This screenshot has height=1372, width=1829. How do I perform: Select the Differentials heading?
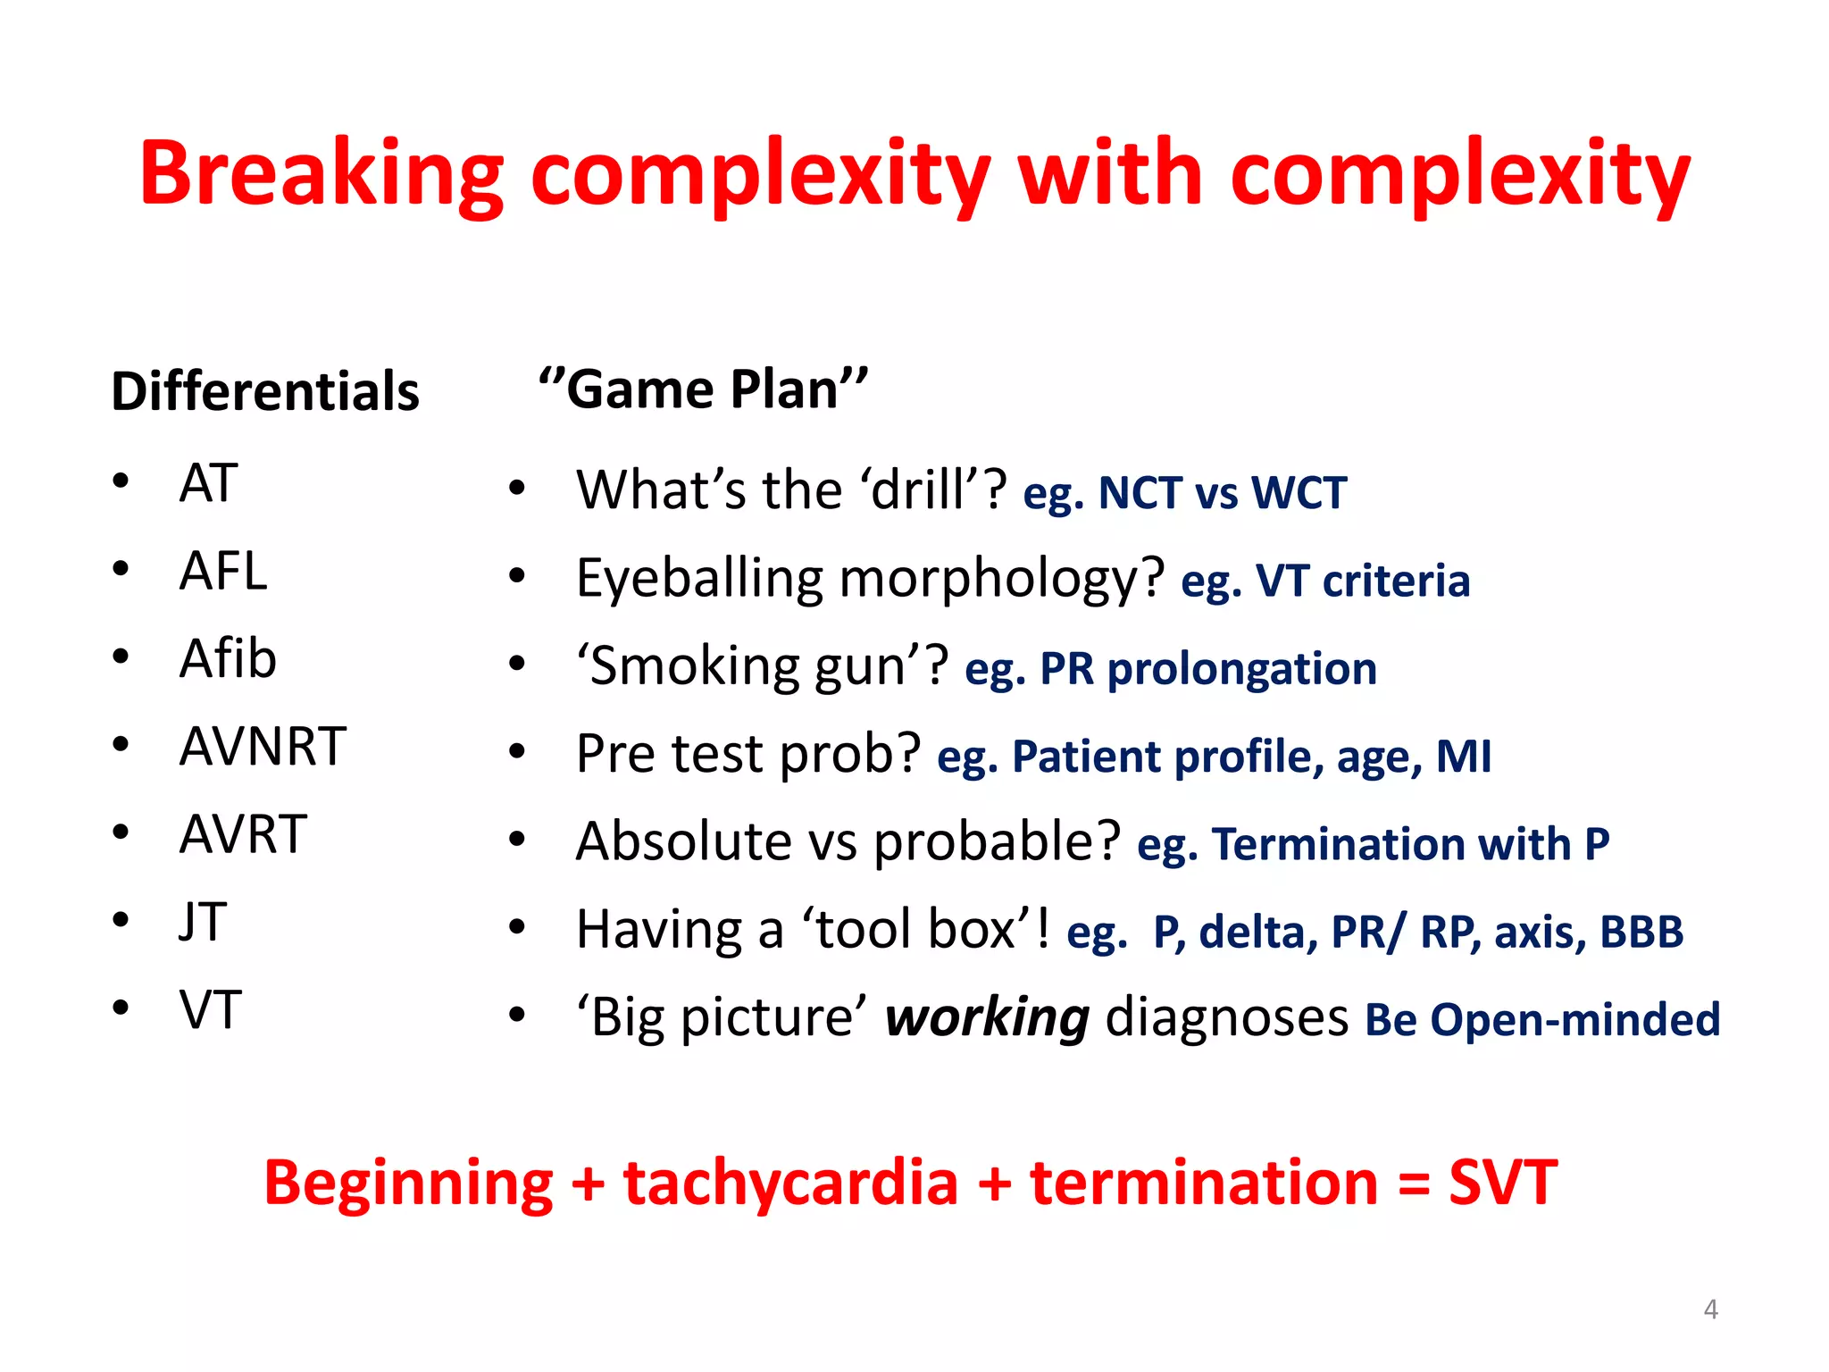point(265,391)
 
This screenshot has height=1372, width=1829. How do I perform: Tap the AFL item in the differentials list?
point(223,571)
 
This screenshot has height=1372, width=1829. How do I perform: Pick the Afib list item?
point(228,658)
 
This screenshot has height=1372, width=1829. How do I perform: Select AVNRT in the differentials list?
point(263,746)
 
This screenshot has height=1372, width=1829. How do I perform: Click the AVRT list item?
point(243,834)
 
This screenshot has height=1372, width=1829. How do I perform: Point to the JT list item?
point(203,922)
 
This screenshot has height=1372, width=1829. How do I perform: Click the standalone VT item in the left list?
point(210,1009)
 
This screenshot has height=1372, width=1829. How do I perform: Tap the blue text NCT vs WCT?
point(1222,493)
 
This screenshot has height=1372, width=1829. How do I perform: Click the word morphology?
point(1002,579)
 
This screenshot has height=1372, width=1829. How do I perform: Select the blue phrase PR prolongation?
point(1208,668)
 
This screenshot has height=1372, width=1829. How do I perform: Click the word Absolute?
point(684,841)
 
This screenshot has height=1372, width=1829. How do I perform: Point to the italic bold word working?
point(987,1017)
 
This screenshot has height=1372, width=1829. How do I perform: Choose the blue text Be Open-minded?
point(1542,1019)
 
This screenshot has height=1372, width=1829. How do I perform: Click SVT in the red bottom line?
point(1503,1183)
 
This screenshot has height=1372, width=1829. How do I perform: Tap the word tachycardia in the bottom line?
point(790,1183)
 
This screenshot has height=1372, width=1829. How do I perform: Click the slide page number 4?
point(1710,1309)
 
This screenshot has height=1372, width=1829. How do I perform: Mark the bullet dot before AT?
point(121,481)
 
